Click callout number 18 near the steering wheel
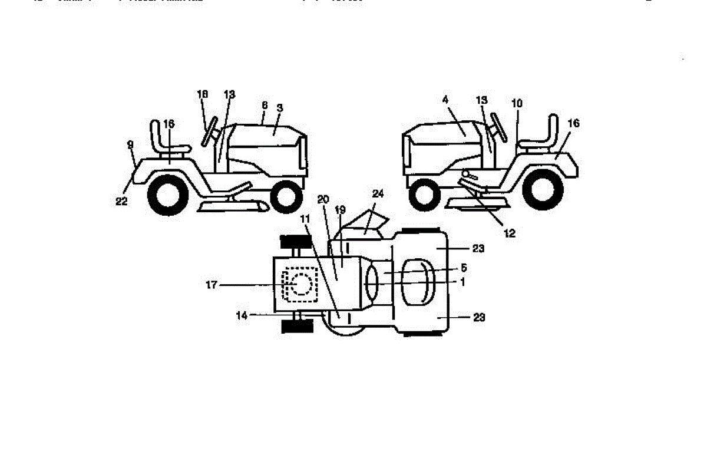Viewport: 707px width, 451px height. (203, 94)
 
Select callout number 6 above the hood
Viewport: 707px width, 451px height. (265, 104)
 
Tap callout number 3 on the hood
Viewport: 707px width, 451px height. (280, 108)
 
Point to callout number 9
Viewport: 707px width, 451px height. (130, 144)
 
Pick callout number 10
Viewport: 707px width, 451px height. (517, 103)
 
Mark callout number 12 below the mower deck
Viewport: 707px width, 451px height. (510, 233)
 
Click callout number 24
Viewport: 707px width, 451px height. (377, 193)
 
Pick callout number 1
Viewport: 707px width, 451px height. (462, 282)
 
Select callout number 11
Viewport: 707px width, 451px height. (305, 219)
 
